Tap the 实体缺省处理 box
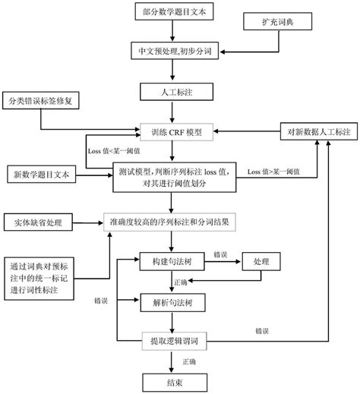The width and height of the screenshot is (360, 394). pos(37,222)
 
